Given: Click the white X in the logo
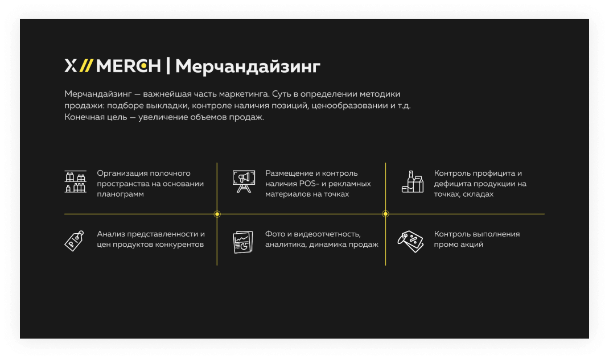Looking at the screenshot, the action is [71, 65].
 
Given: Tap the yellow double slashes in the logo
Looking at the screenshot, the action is [86, 65].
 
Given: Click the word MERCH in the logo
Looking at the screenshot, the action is [128, 65].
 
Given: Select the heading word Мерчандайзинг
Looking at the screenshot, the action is [248, 67].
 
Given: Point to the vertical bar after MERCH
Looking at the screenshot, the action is [168, 65].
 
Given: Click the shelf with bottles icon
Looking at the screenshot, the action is [75, 181].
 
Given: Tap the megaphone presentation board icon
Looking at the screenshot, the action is [244, 181].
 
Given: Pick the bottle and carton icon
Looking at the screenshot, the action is [413, 181].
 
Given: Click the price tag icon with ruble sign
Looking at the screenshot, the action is [74, 241].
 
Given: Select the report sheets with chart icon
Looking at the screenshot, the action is [242, 242].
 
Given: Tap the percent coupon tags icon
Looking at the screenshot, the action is [410, 241].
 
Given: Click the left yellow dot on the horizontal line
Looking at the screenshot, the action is [217, 214].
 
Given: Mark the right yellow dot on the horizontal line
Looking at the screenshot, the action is [386, 214].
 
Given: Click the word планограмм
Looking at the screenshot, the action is [121, 195].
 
